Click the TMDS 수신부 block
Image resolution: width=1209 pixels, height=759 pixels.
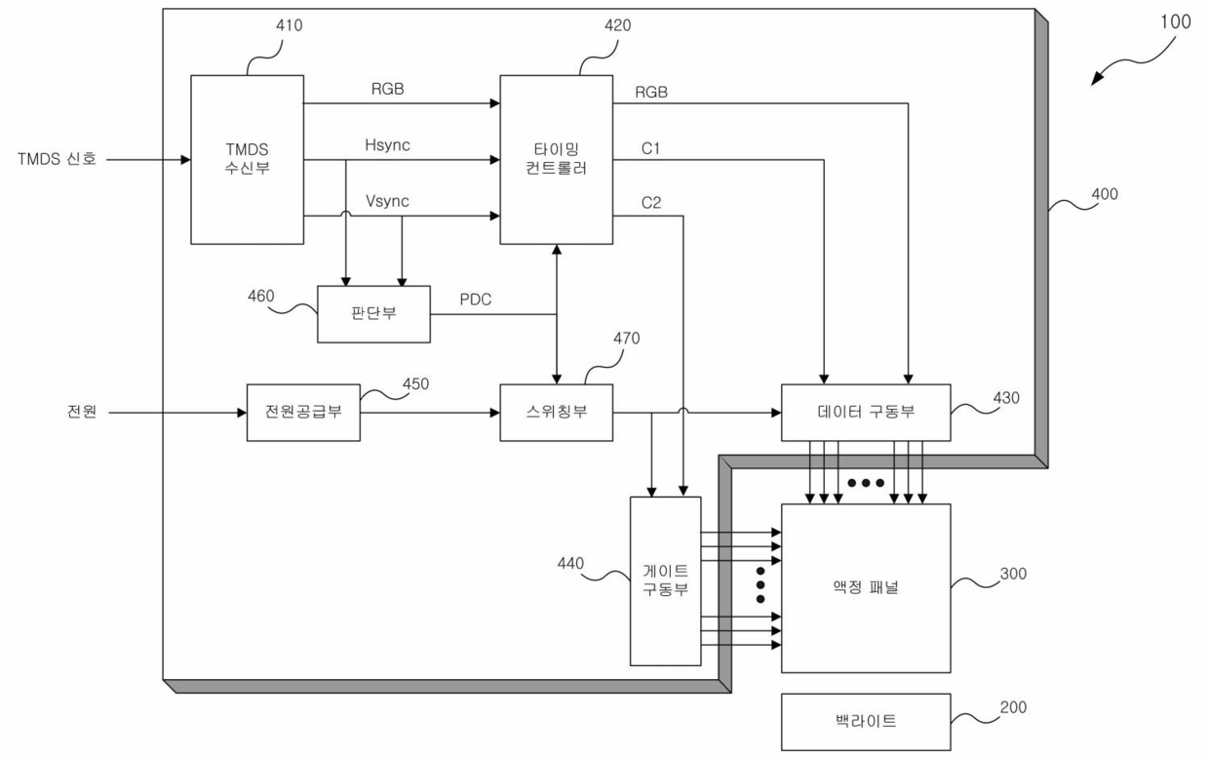tap(248, 159)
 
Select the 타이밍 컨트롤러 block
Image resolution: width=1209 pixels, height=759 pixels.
tap(556, 159)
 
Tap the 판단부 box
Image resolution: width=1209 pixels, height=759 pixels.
tap(373, 314)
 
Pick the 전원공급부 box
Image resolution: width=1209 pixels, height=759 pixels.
tap(303, 413)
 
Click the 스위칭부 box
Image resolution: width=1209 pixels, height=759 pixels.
tap(556, 413)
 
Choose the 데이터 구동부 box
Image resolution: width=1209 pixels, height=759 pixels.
tap(866, 413)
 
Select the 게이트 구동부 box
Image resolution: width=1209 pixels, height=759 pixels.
tap(666, 581)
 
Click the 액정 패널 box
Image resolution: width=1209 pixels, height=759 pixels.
tap(866, 588)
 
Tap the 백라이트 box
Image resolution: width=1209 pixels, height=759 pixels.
tap(866, 722)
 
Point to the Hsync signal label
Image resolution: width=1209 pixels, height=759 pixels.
tap(387, 145)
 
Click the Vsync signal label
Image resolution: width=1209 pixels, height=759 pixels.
tap(387, 201)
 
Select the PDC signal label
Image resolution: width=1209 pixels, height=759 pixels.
tap(476, 300)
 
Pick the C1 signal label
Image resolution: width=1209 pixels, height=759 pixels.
tap(650, 148)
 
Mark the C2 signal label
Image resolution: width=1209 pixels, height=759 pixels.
tap(651, 203)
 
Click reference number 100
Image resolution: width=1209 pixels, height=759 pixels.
tap(1176, 21)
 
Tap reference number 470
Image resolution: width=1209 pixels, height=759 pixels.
tap(626, 339)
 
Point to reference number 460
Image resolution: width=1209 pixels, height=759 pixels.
tap(260, 296)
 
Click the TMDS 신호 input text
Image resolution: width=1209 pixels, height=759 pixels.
tap(57, 159)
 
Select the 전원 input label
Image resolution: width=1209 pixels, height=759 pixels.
tap(82, 412)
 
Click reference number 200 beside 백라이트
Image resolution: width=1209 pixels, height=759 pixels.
tap(1013, 707)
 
